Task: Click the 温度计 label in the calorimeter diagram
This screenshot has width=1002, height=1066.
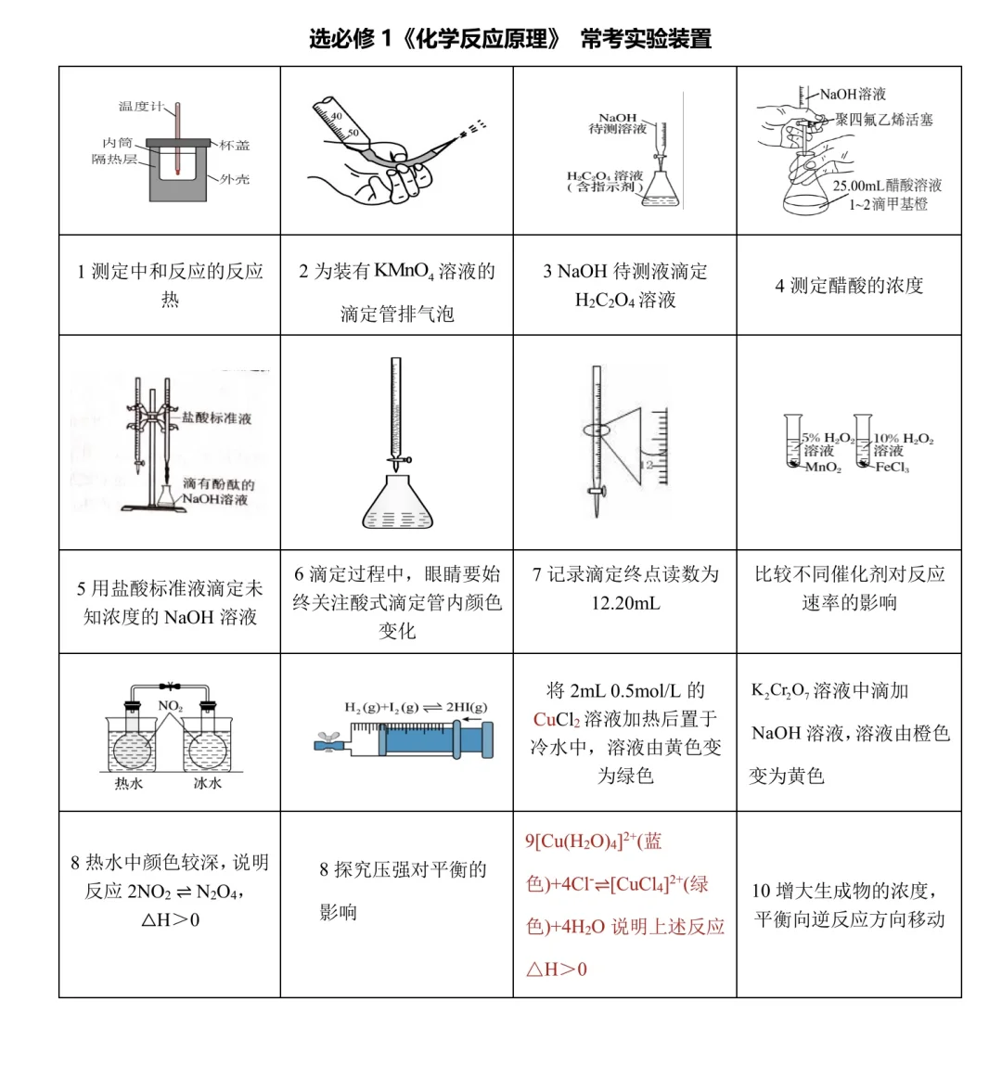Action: (x=139, y=107)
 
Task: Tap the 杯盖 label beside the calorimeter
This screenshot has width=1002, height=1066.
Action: (x=234, y=146)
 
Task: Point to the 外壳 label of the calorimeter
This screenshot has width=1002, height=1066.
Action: (x=234, y=179)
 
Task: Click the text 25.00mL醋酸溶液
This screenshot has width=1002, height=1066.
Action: (x=887, y=186)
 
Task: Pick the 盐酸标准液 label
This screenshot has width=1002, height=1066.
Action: (x=216, y=417)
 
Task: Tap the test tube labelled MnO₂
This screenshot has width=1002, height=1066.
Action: (x=791, y=441)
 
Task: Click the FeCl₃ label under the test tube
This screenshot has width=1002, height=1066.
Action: (x=892, y=468)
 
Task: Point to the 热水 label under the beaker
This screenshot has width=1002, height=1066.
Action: (x=128, y=784)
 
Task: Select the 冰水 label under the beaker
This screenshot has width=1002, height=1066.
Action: (x=207, y=784)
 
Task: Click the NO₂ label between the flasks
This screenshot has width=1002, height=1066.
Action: (x=170, y=706)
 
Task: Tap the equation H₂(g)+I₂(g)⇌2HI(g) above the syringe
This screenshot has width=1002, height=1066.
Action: (x=415, y=708)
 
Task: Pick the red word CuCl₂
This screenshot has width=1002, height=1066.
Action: (x=557, y=719)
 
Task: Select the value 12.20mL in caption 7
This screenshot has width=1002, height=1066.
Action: (x=625, y=603)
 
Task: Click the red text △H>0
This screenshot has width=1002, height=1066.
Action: (x=557, y=970)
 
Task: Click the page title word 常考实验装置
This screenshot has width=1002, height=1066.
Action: (x=646, y=39)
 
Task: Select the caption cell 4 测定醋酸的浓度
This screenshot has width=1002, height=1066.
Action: (x=849, y=286)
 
